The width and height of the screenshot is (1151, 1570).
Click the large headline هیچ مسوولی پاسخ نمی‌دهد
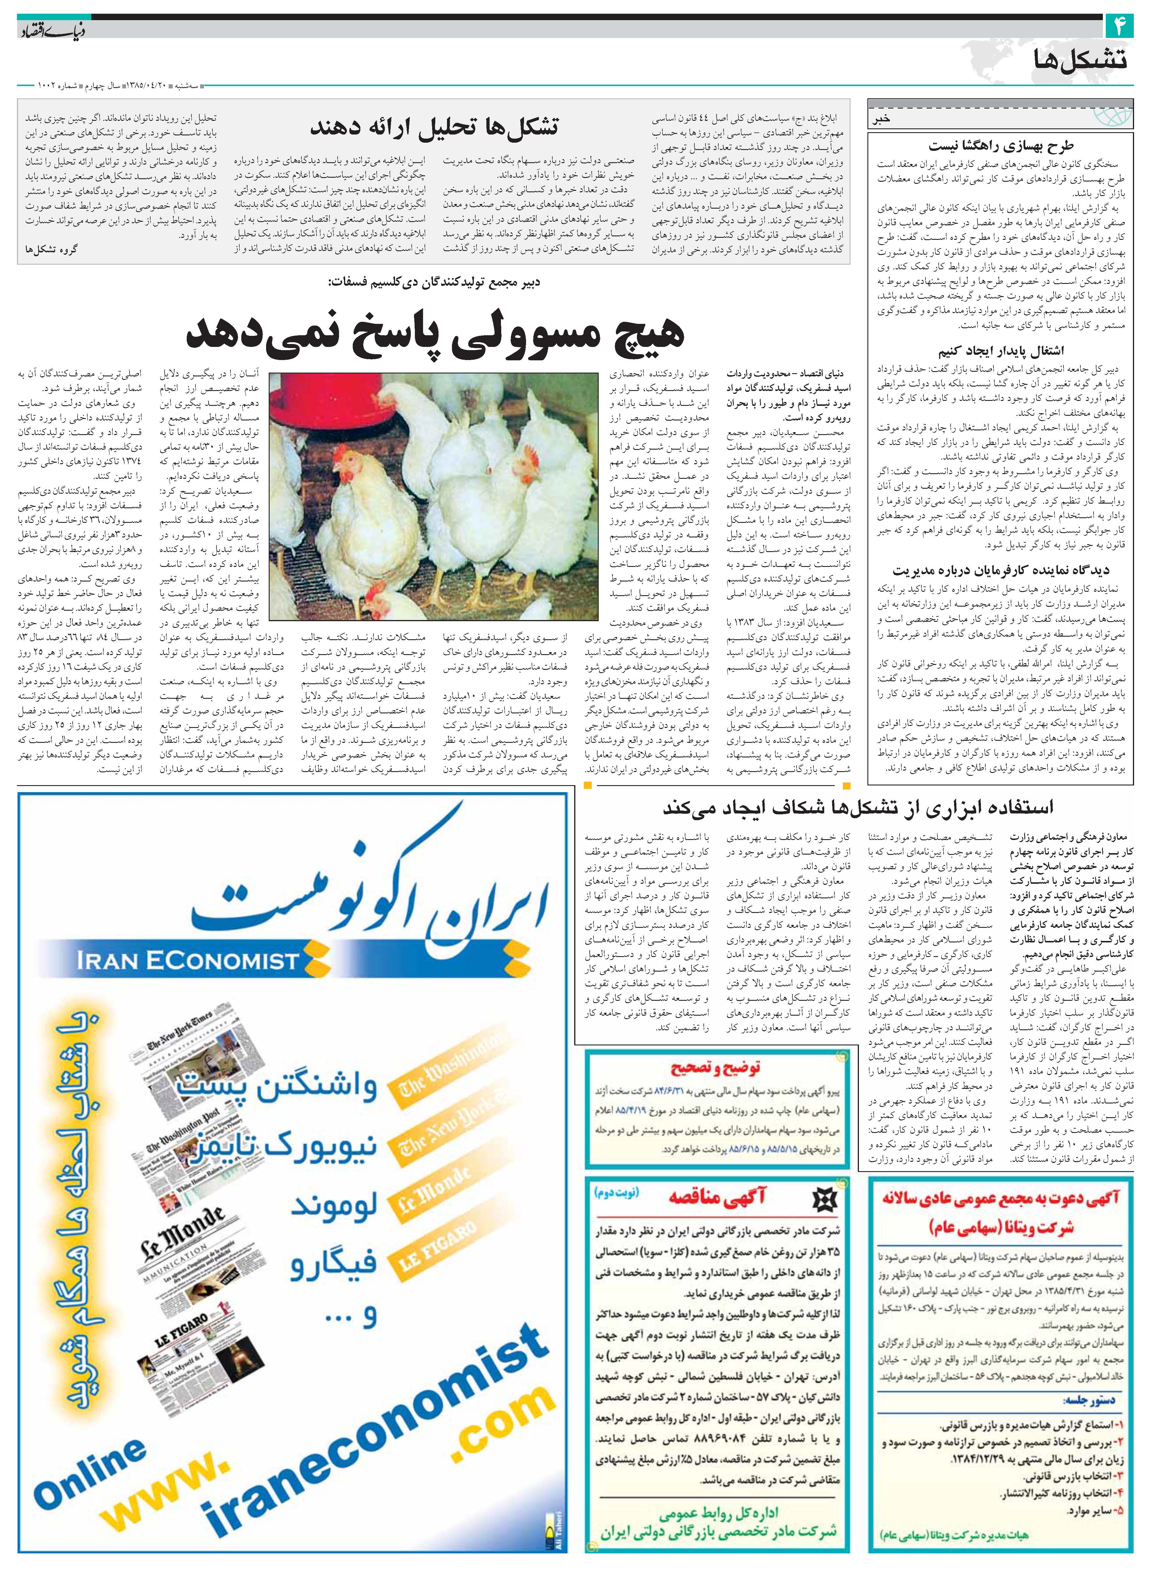(x=434, y=333)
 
